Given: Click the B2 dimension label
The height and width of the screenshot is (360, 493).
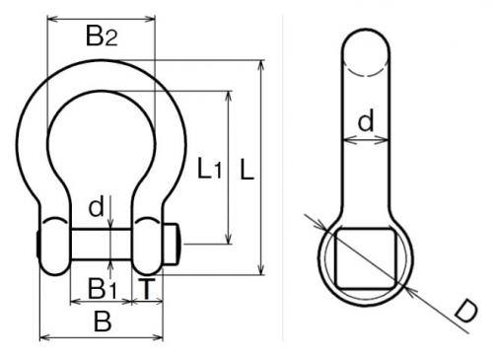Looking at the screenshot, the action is (x=102, y=36).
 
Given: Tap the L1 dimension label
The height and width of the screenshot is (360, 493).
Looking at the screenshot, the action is (x=209, y=169).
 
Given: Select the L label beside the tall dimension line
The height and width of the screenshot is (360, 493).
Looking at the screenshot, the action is (x=247, y=169).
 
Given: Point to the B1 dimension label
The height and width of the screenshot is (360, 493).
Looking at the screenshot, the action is (x=102, y=289).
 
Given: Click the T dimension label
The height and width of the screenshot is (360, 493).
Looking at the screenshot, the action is (x=146, y=289).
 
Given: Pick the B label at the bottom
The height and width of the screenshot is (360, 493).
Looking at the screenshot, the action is (x=103, y=322).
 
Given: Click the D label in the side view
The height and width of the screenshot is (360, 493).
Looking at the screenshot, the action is (x=466, y=312).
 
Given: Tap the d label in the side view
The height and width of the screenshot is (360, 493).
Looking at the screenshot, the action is (x=366, y=120).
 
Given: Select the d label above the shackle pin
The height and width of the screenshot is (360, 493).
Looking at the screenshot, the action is (x=96, y=206).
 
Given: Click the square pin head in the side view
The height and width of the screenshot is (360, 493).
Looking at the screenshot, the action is (x=366, y=258).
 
